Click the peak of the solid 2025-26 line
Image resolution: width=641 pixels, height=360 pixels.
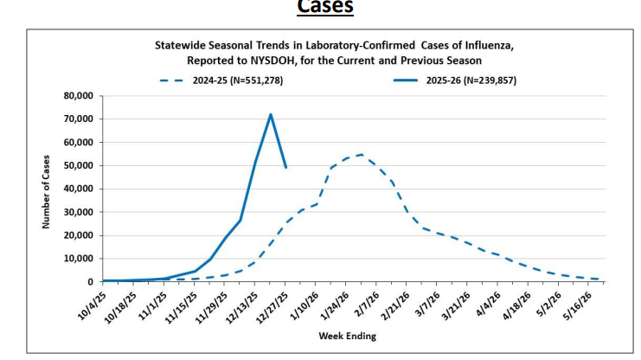tap(271, 114)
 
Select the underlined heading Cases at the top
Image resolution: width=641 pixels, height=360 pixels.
tap(325, 7)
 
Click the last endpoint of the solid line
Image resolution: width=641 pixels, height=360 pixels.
tap(285, 167)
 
